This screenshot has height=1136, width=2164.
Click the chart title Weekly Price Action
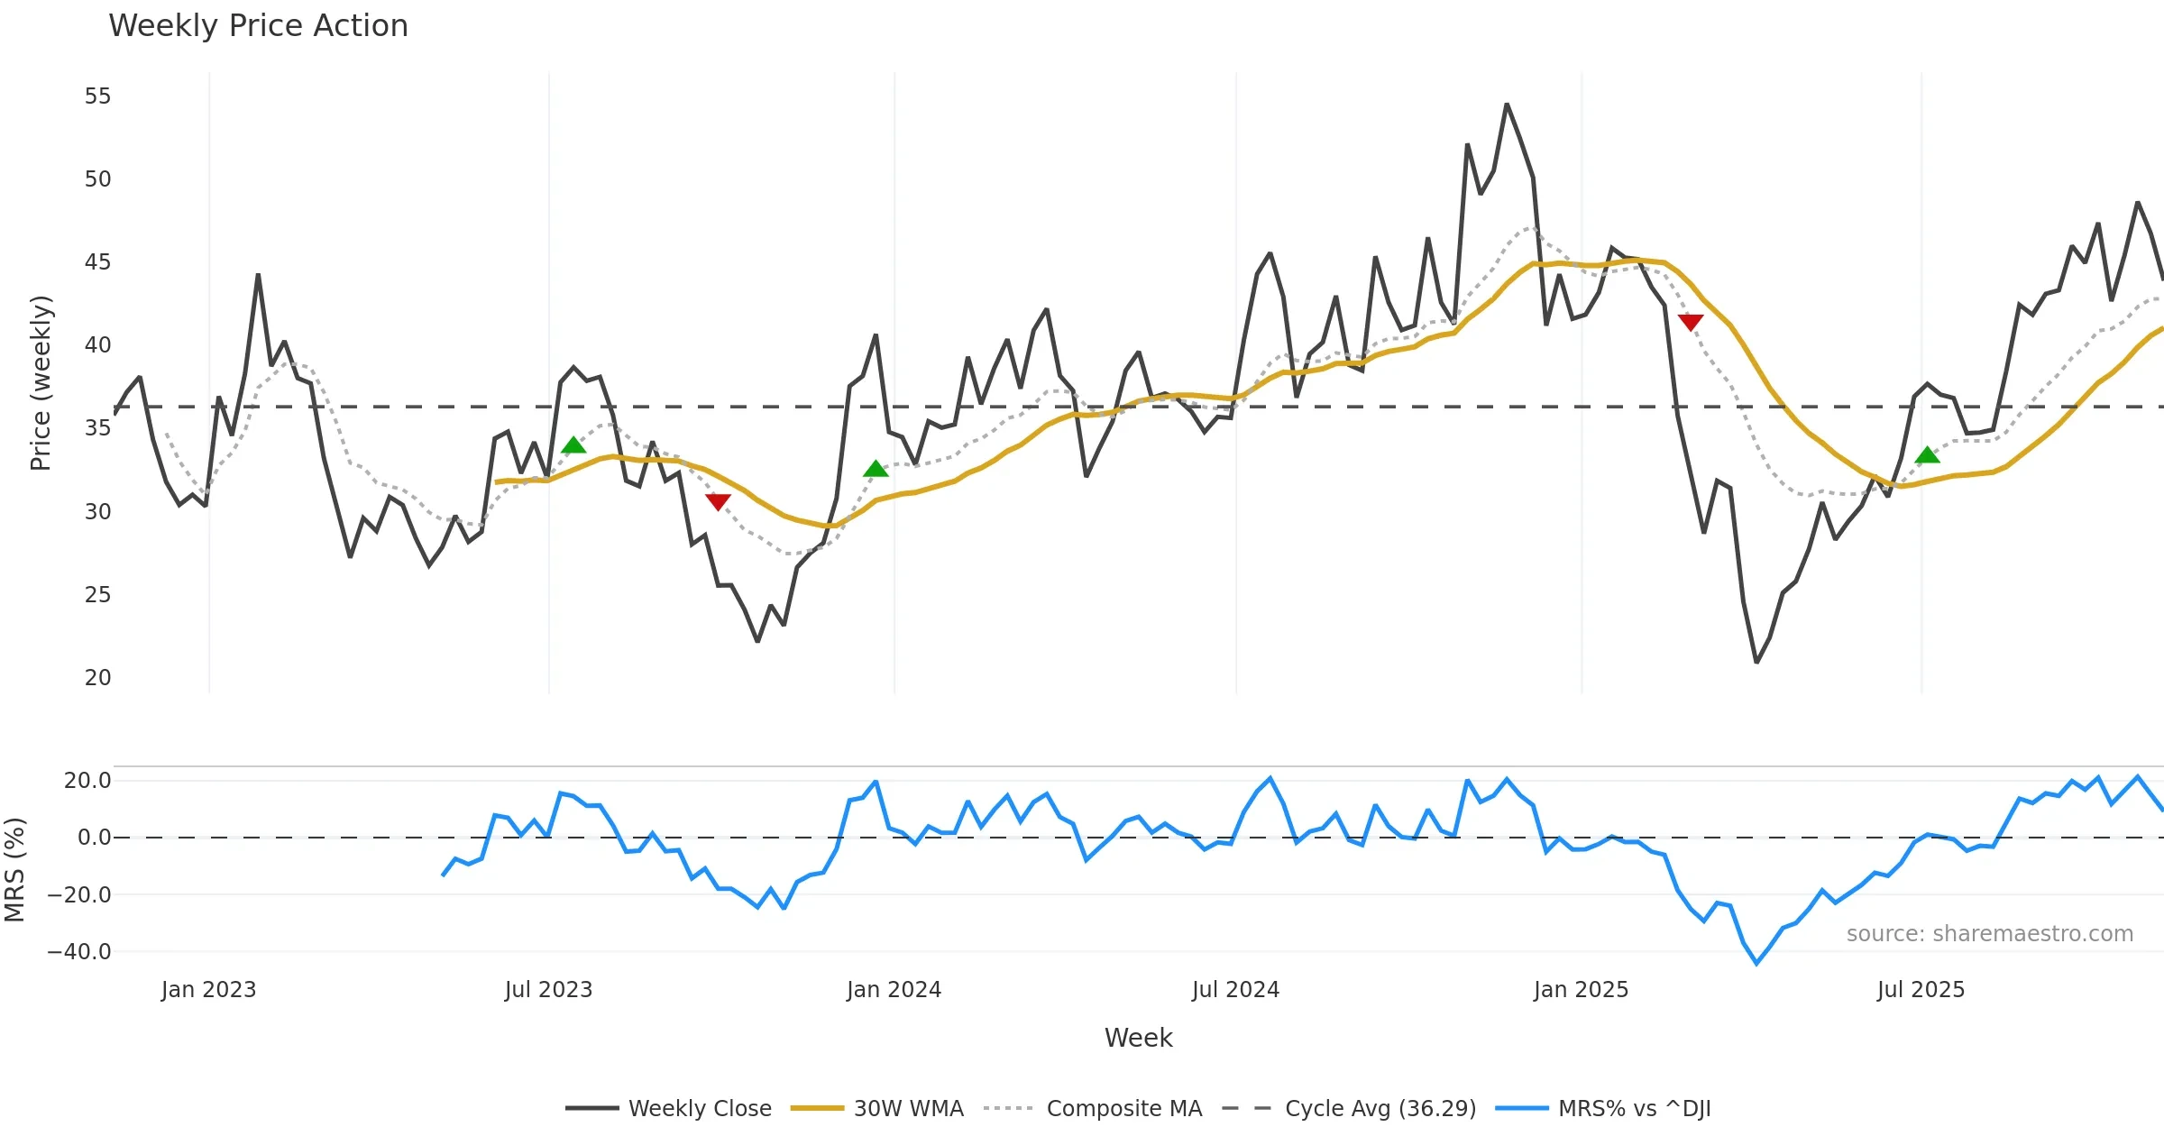[258, 26]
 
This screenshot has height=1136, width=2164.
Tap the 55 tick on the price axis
[97, 96]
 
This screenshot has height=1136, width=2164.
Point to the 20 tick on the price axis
[97, 678]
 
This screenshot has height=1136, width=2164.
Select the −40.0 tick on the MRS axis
[79, 952]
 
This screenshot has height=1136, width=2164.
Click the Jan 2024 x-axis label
[894, 990]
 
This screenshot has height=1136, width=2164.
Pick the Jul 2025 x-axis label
[1921, 990]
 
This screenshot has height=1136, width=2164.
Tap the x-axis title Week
[1138, 1039]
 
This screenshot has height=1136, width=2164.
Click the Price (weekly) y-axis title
[41, 383]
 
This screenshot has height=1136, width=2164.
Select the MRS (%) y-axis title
[15, 870]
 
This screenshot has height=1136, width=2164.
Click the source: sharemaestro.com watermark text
[1989, 934]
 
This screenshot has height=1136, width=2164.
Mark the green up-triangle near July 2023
[573, 445]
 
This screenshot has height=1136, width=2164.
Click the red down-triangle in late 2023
[718, 501]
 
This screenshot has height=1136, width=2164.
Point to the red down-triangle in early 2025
[1691, 322]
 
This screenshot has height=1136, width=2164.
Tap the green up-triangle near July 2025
[1927, 455]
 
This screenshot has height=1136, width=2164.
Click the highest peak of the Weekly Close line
[1507, 105]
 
